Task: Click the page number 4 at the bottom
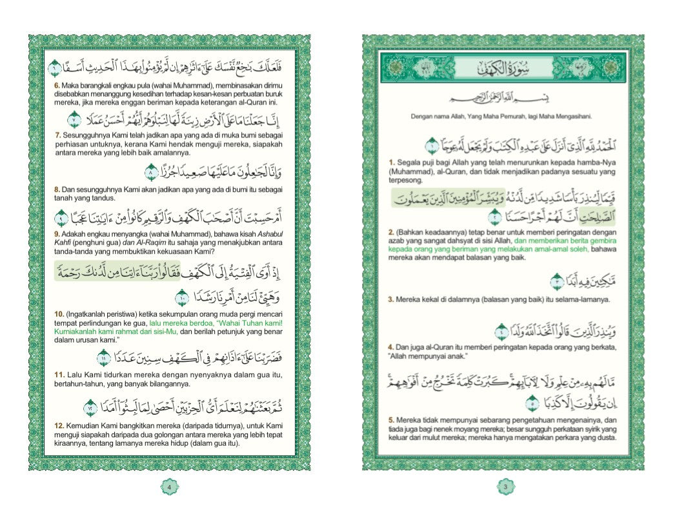[x=168, y=487]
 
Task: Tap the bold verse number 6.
[x=57, y=84]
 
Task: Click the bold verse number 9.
[x=57, y=233]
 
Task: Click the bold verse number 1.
[x=390, y=161]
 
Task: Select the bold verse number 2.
[x=390, y=231]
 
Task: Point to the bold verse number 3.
[x=390, y=300]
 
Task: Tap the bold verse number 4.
[x=390, y=348]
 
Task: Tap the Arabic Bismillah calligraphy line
[x=503, y=100]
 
